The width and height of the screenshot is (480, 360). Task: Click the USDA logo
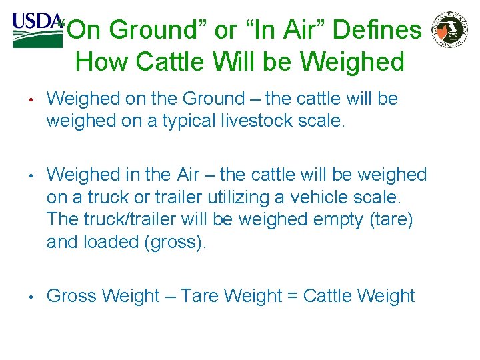click(37, 29)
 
